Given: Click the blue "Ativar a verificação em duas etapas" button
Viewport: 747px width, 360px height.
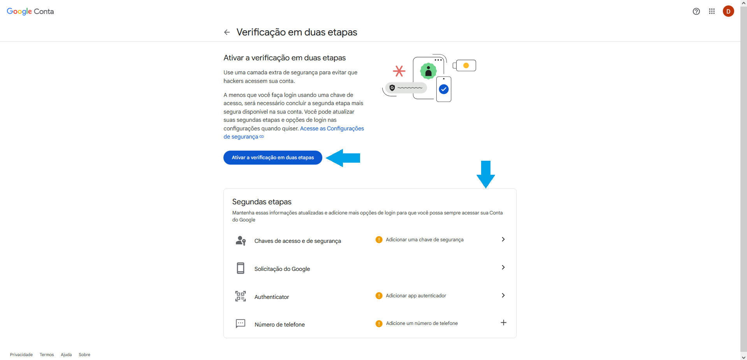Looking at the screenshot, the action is [x=272, y=158].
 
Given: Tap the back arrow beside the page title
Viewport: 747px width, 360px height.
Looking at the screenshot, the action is [x=227, y=32].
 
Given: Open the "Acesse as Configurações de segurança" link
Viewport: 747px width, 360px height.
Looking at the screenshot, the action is [x=294, y=132].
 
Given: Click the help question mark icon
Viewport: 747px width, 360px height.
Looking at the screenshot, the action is [x=696, y=11].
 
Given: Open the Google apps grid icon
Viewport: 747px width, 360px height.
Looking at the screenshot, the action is [x=712, y=11].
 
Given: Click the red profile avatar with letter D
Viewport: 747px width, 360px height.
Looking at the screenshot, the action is [x=728, y=11].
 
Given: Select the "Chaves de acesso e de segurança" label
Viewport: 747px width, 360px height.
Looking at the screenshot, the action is [x=297, y=241].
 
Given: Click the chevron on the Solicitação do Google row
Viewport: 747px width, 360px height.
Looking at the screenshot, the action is [x=503, y=267].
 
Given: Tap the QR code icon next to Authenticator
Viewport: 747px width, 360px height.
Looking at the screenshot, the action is [x=241, y=296].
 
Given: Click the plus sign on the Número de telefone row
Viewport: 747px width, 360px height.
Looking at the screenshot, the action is [x=503, y=323].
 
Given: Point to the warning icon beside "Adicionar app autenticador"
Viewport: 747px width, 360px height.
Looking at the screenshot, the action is [x=379, y=296].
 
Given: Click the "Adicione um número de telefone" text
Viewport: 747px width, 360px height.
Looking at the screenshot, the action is [x=422, y=323].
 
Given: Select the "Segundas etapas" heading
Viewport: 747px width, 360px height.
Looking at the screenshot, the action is [x=262, y=202].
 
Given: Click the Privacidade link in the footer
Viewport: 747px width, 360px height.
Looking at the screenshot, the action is [x=21, y=355].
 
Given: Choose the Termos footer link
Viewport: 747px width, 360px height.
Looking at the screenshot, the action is [x=47, y=355].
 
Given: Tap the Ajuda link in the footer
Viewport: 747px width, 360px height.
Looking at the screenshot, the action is [x=66, y=355].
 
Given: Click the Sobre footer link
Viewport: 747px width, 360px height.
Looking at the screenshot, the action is [x=84, y=355].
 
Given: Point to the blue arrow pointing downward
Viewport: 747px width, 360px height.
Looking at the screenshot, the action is [x=486, y=174].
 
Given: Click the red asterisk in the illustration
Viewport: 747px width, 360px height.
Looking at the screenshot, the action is [x=399, y=71].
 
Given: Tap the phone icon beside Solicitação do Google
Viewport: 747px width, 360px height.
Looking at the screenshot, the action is [x=241, y=268].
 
